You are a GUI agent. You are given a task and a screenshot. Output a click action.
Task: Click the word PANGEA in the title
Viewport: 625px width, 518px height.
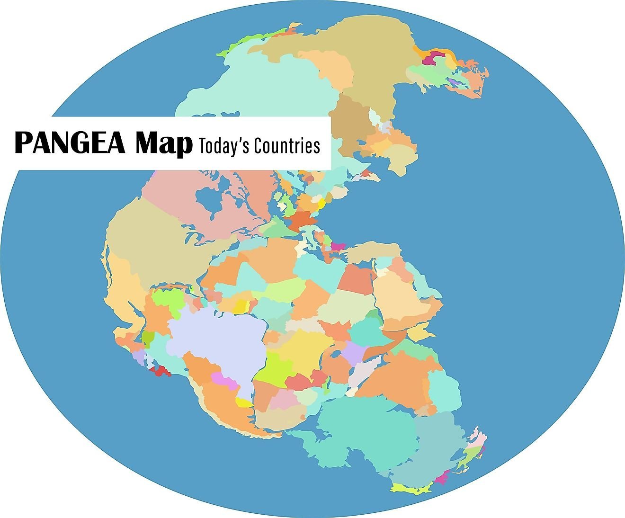click(70, 143)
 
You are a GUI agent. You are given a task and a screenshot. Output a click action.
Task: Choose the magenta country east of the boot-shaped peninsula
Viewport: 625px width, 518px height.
click(338, 246)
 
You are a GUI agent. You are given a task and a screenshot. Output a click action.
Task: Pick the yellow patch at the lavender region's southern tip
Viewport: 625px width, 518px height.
click(244, 402)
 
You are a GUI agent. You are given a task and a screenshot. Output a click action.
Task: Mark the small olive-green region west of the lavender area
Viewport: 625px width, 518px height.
click(148, 338)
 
